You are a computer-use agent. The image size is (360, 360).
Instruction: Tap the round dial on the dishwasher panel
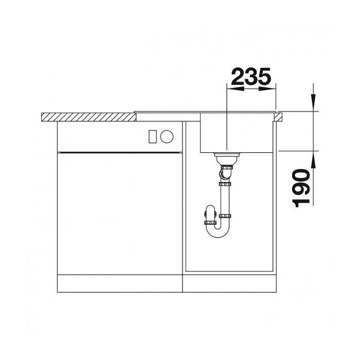tap(167, 136)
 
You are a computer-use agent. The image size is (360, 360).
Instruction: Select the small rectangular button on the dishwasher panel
tap(152, 136)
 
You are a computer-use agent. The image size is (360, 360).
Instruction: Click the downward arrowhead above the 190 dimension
tap(313, 103)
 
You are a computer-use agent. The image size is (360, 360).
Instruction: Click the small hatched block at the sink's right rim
tap(279, 117)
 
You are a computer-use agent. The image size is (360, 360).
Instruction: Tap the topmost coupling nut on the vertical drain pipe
tap(225, 184)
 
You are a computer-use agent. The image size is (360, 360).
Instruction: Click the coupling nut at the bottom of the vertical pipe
tap(225, 215)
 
